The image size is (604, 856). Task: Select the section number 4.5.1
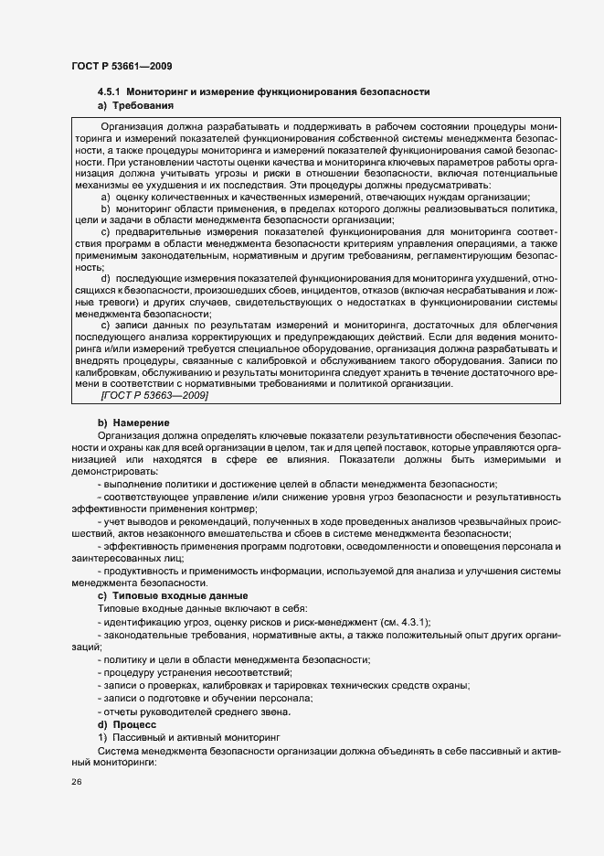point(110,92)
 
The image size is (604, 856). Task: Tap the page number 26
point(77,782)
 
